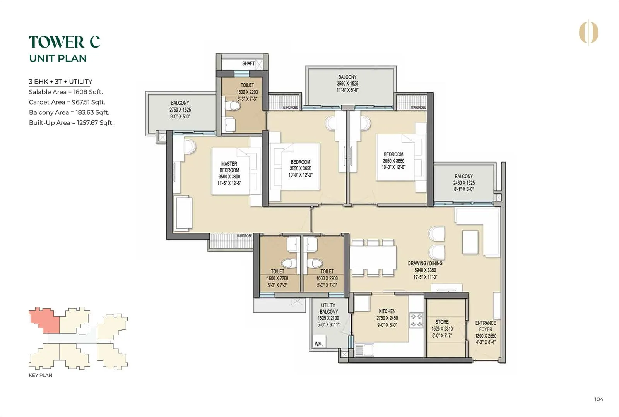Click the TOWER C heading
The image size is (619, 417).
pyautogui.click(x=64, y=42)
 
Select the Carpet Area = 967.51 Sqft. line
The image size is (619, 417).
pyautogui.click(x=67, y=102)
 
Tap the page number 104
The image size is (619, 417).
pyautogui.click(x=598, y=399)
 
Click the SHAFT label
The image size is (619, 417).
pyautogui.click(x=248, y=63)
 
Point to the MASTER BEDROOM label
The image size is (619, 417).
pyautogui.click(x=229, y=167)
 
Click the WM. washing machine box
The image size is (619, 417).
pyautogui.click(x=319, y=343)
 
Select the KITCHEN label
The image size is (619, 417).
pyautogui.click(x=387, y=311)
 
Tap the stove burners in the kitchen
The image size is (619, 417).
pyautogui.click(x=416, y=320)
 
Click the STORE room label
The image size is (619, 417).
pyautogui.click(x=442, y=322)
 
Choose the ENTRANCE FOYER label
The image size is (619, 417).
pyautogui.click(x=486, y=326)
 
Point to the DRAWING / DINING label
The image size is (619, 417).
pyautogui.click(x=425, y=263)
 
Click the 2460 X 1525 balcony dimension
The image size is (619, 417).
pyautogui.click(x=463, y=183)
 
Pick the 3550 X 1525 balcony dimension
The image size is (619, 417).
pyautogui.click(x=347, y=84)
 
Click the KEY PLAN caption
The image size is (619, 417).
pyautogui.click(x=40, y=375)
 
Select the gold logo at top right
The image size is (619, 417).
pyautogui.click(x=588, y=33)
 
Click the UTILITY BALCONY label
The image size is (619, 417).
pyautogui.click(x=328, y=308)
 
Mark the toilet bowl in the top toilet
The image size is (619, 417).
pyautogui.click(x=233, y=105)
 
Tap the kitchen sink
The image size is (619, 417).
pyautogui.click(x=364, y=350)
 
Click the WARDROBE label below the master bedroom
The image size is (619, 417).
pyautogui.click(x=244, y=236)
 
